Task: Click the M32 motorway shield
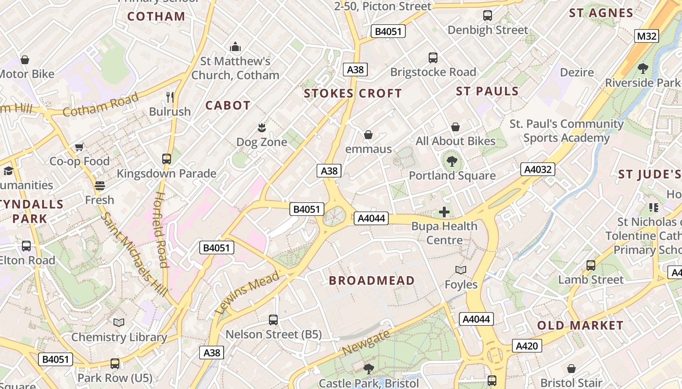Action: click(646, 36)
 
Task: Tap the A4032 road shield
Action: click(538, 169)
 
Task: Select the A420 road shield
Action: click(527, 346)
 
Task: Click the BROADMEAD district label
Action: click(372, 281)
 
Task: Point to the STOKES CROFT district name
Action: click(353, 93)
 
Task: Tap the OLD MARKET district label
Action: click(580, 325)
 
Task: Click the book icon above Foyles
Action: click(461, 270)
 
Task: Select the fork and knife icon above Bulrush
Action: click(170, 97)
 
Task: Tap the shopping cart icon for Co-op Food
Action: click(79, 147)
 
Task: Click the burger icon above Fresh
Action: click(100, 186)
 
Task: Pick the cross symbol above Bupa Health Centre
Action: click(444, 212)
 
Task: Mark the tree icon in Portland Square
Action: click(452, 161)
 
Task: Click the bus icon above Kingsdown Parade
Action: click(167, 159)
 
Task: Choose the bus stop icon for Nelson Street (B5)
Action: click(273, 320)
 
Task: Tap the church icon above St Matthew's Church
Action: click(235, 47)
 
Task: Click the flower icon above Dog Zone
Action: click(262, 128)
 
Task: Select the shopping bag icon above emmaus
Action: click(368, 135)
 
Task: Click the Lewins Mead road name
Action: click(247, 292)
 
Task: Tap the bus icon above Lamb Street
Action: click(591, 265)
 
